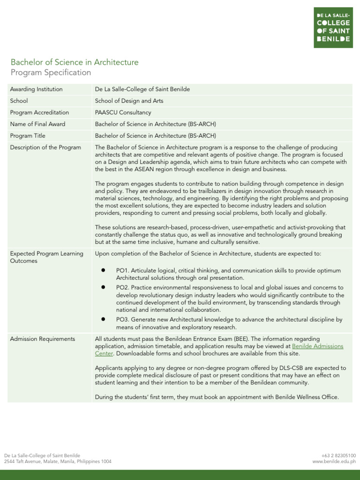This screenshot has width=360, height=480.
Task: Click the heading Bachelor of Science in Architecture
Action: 75,62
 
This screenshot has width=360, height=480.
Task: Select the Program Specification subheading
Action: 51,73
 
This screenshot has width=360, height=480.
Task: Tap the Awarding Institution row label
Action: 36,89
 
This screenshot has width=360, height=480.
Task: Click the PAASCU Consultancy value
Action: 123,112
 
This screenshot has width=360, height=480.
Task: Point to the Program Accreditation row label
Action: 39,112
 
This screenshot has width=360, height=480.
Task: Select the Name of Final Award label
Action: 37,124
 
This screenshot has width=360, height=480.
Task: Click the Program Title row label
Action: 28,136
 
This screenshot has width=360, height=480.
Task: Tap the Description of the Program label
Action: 45,147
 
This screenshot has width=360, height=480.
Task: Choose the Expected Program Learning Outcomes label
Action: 46,257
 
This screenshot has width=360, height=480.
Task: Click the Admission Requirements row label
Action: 42,339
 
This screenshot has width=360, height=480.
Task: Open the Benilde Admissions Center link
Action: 317,346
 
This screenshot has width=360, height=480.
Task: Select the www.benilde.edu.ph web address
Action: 334,462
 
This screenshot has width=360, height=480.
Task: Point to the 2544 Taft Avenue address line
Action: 58,462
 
